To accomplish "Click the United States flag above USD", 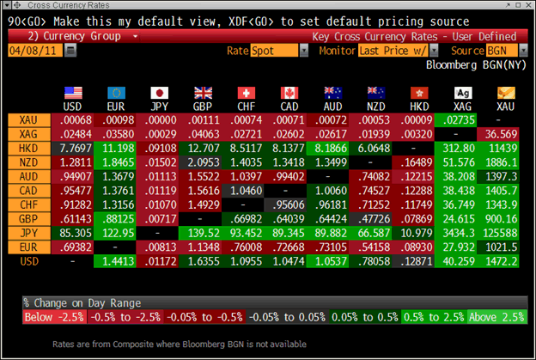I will [72, 92].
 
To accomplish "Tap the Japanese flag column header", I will [159, 92].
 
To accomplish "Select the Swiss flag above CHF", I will [247, 92].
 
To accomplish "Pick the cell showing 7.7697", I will [72, 148].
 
